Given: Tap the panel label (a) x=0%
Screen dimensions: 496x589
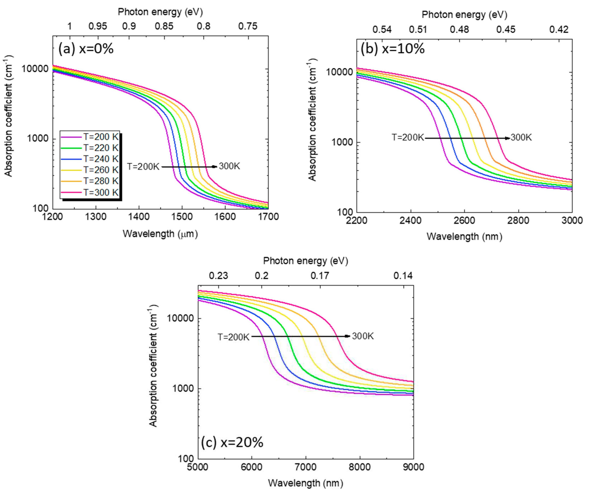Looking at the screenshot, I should [x=86, y=49].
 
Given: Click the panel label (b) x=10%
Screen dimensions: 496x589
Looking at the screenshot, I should [x=393, y=49].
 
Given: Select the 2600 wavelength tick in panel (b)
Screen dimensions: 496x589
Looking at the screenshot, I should [x=464, y=220].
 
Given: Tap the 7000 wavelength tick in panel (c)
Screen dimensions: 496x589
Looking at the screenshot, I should [x=305, y=467].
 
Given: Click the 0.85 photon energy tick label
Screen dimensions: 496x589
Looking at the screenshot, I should [x=164, y=26].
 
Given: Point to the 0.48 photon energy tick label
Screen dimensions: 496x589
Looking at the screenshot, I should [x=459, y=29].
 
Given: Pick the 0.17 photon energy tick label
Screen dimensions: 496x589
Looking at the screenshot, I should [x=320, y=275].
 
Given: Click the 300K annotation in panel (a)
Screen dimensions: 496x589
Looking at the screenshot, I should [x=229, y=166].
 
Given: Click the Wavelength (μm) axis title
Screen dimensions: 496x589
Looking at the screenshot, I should [x=160, y=234].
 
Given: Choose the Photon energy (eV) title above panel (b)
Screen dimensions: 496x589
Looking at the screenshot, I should [x=464, y=15].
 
